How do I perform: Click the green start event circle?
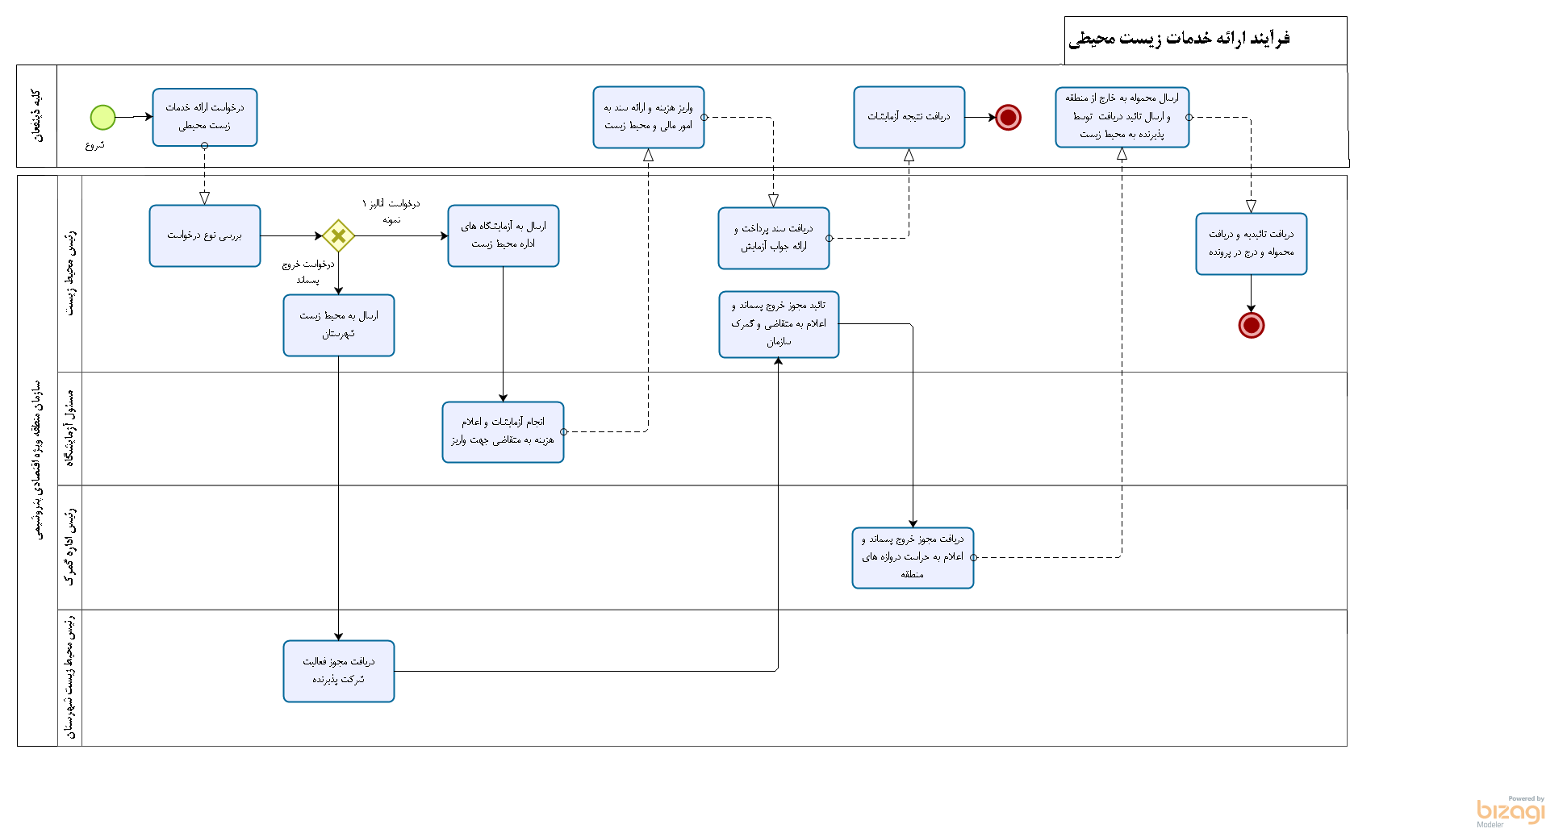[102, 118]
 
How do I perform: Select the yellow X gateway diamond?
[338, 236]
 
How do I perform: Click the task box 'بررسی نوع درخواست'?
[205, 235]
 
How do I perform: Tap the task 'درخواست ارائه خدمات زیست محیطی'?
[205, 117]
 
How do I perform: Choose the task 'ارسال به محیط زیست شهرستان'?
[339, 325]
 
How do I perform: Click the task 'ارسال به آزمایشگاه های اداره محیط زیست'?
[504, 235]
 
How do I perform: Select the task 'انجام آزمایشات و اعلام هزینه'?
[503, 431]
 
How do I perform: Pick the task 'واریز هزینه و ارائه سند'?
[649, 118]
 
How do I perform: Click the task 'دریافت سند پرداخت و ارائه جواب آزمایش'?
[774, 238]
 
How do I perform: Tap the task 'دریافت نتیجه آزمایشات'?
[909, 118]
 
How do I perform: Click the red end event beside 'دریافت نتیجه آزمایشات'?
[1008, 118]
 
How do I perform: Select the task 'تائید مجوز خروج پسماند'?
[779, 324]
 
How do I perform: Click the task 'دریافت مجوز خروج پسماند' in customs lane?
[913, 557]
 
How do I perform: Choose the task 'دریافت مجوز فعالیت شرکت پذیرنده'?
[339, 671]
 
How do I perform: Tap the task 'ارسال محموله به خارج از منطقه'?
[1122, 118]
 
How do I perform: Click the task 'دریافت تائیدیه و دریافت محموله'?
[1251, 244]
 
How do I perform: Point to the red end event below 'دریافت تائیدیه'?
[1252, 325]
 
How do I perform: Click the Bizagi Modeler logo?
[1511, 812]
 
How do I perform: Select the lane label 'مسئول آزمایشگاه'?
[70, 428]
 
